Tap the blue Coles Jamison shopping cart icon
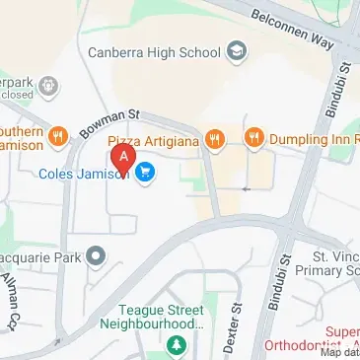pos(145,174)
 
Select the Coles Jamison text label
pos(84,175)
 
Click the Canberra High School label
pos(154,51)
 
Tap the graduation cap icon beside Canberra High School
pos(237,49)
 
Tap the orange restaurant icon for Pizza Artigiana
pos(212,139)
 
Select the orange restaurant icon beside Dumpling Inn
pos(254,139)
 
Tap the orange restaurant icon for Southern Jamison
pos(58,137)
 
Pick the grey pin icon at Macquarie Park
pos(96,258)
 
